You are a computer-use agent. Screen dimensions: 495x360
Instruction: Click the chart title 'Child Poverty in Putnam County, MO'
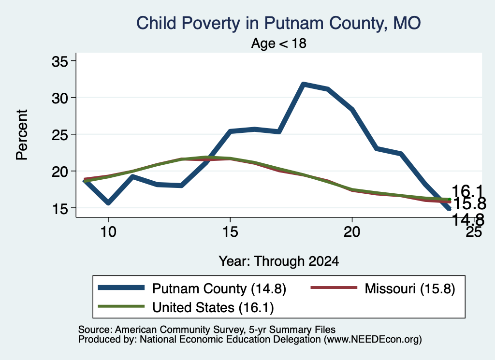coord(278,23)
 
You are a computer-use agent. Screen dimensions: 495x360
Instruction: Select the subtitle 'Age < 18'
coord(279,43)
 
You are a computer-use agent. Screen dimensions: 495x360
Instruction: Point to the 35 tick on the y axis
coord(60,61)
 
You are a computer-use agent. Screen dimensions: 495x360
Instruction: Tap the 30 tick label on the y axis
coord(60,98)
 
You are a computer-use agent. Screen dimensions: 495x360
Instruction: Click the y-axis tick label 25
coord(60,135)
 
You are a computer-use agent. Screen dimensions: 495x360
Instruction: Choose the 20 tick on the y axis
coord(60,172)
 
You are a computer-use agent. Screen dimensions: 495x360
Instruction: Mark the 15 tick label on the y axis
coord(60,208)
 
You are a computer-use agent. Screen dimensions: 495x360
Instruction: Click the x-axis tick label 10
coord(108,232)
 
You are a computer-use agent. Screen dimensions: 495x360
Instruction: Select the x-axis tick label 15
coord(230,232)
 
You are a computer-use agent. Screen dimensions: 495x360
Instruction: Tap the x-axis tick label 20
coord(352,232)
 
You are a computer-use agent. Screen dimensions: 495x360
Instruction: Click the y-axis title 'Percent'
coord(22,135)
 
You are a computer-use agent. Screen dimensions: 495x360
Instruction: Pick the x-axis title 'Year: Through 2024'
coord(279,261)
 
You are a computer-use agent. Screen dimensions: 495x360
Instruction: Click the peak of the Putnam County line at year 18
coord(303,84)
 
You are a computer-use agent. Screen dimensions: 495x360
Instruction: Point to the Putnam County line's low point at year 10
coord(108,203)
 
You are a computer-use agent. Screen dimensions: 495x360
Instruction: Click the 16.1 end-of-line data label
coord(467,191)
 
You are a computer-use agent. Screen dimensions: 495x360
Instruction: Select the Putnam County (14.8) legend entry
coord(192,288)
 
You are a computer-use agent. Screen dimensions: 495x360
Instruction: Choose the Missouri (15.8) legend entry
coord(383,288)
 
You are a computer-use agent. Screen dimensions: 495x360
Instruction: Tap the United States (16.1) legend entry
coord(186,307)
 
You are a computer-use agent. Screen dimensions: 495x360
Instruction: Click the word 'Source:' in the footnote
coord(95,330)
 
